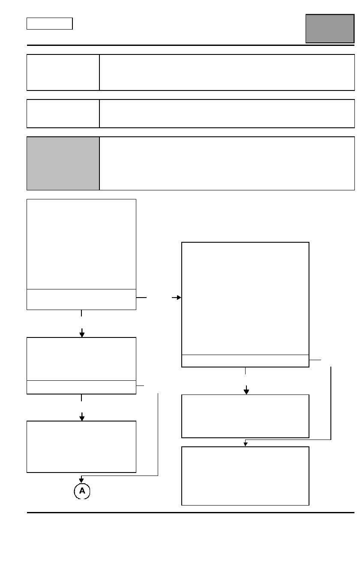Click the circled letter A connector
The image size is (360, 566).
(x=82, y=491)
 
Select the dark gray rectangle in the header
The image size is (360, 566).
(x=330, y=29)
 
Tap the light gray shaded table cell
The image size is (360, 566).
(x=63, y=163)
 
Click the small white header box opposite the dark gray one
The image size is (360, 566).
(x=50, y=24)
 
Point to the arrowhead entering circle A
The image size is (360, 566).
(x=81, y=481)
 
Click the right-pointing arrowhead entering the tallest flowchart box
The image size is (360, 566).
(x=179, y=298)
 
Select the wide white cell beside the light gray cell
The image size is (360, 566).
(x=227, y=163)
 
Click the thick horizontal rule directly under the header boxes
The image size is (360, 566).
(x=191, y=45)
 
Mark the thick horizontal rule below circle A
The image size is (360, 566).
(x=191, y=512)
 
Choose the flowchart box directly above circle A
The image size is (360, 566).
(x=81, y=446)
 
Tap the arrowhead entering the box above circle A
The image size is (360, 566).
(x=82, y=418)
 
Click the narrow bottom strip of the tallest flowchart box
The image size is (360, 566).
(x=245, y=361)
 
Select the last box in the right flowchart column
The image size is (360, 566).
(x=245, y=476)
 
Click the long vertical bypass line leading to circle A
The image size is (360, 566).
(x=158, y=434)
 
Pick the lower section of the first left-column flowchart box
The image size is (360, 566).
(x=81, y=299)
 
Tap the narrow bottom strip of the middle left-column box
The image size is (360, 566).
(x=81, y=387)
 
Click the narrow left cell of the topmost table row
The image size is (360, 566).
(x=63, y=72)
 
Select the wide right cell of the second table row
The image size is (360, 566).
(x=227, y=114)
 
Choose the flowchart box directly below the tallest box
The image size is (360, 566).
(x=245, y=416)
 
